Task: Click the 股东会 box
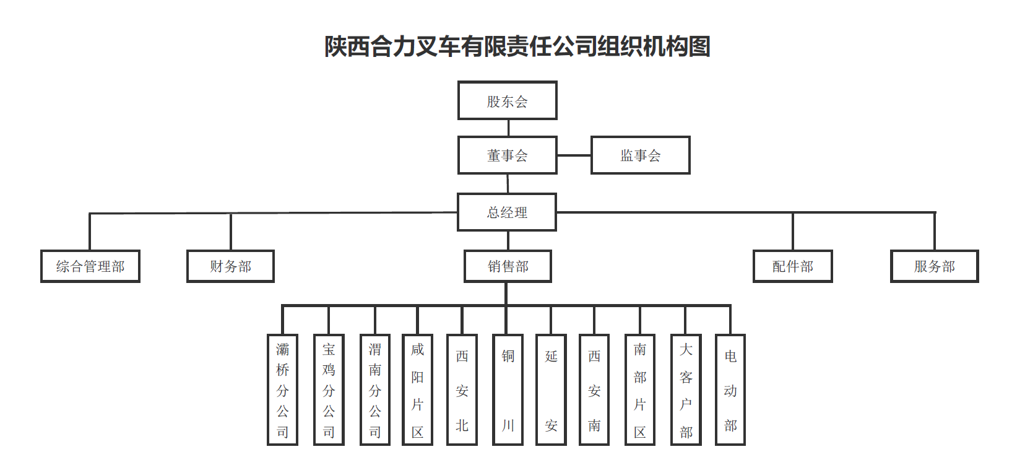tap(507, 100)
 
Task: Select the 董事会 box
tap(507, 155)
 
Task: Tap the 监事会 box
tap(640, 155)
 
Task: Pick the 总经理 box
tap(506, 212)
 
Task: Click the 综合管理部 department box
tap(90, 266)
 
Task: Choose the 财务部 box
tap(230, 266)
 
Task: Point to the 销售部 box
tap(508, 266)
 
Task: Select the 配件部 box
tap(792, 266)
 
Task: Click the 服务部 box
tap(934, 266)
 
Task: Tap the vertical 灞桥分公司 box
tap(282, 389)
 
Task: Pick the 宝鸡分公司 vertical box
tap(329, 389)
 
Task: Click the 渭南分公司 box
tap(375, 389)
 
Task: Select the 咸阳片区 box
tap(417, 389)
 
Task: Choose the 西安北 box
tap(462, 389)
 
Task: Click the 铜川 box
tap(508, 389)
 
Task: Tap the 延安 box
tap(551, 389)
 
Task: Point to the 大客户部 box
tap(686, 389)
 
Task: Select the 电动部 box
tap(730, 389)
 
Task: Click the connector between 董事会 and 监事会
tap(574, 155)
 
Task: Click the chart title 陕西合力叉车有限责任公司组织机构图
tap(517, 46)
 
